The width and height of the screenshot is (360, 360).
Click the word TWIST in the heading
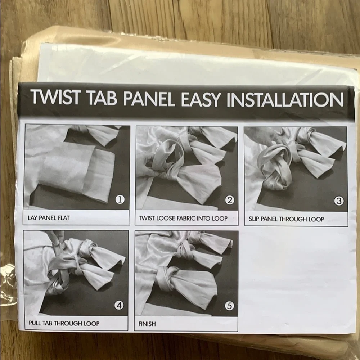pos(55,96)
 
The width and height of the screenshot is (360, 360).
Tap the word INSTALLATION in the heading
pos(285,100)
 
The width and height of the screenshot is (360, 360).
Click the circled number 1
pos(120,199)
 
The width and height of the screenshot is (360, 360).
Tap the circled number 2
pos(230,200)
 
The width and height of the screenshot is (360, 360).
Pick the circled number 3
pos(339,201)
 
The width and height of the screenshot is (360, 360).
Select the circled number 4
pos(119,305)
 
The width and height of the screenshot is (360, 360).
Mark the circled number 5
pos(229,306)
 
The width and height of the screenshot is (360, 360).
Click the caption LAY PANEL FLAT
pos(49,218)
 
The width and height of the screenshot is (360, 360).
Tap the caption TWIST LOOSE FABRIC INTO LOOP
pos(183,218)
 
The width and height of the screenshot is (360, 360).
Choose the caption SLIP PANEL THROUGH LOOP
pos(286,219)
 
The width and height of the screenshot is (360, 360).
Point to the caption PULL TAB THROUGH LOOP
pos(64,323)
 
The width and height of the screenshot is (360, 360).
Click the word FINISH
pos(147,324)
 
